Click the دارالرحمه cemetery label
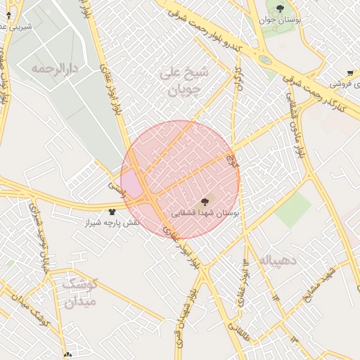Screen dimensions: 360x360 tap(53, 69)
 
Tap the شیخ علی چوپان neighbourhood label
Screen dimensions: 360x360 tap(185, 82)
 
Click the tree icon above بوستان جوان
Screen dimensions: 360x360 tap(280, 8)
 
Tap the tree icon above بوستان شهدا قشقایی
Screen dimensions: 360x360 tap(205, 201)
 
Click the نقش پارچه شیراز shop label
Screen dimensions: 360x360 tap(112, 221)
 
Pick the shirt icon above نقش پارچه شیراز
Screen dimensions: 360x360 tap(111, 211)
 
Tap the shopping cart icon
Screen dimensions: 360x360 tap(350, 72)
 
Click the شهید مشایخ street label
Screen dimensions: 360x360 tap(321, 285)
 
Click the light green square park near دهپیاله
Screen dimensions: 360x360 tap(293, 210)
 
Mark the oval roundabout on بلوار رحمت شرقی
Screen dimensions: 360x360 tap(265, 60)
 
